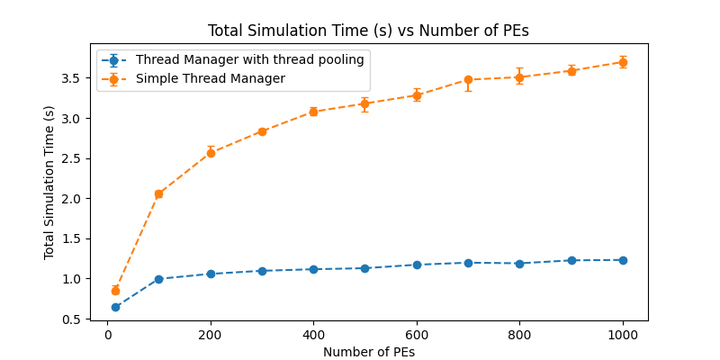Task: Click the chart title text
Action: (x=368, y=31)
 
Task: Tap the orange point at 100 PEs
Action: (x=159, y=194)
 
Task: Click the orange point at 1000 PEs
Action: (x=623, y=62)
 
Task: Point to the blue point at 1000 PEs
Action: (x=623, y=260)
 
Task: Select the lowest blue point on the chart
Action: (x=116, y=307)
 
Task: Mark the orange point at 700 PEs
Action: (x=468, y=80)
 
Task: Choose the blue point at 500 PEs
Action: (x=365, y=268)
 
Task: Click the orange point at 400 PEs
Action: (x=313, y=112)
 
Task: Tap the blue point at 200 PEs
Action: (x=211, y=274)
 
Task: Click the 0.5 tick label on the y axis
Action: (x=74, y=319)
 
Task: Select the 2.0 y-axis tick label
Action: (x=74, y=199)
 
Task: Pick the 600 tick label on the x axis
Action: (x=417, y=335)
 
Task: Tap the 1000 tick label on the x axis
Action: (x=623, y=335)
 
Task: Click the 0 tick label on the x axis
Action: (x=107, y=335)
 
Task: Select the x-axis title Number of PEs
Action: (x=369, y=352)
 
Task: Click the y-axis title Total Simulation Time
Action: (x=49, y=183)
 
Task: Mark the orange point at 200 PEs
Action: (x=211, y=153)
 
